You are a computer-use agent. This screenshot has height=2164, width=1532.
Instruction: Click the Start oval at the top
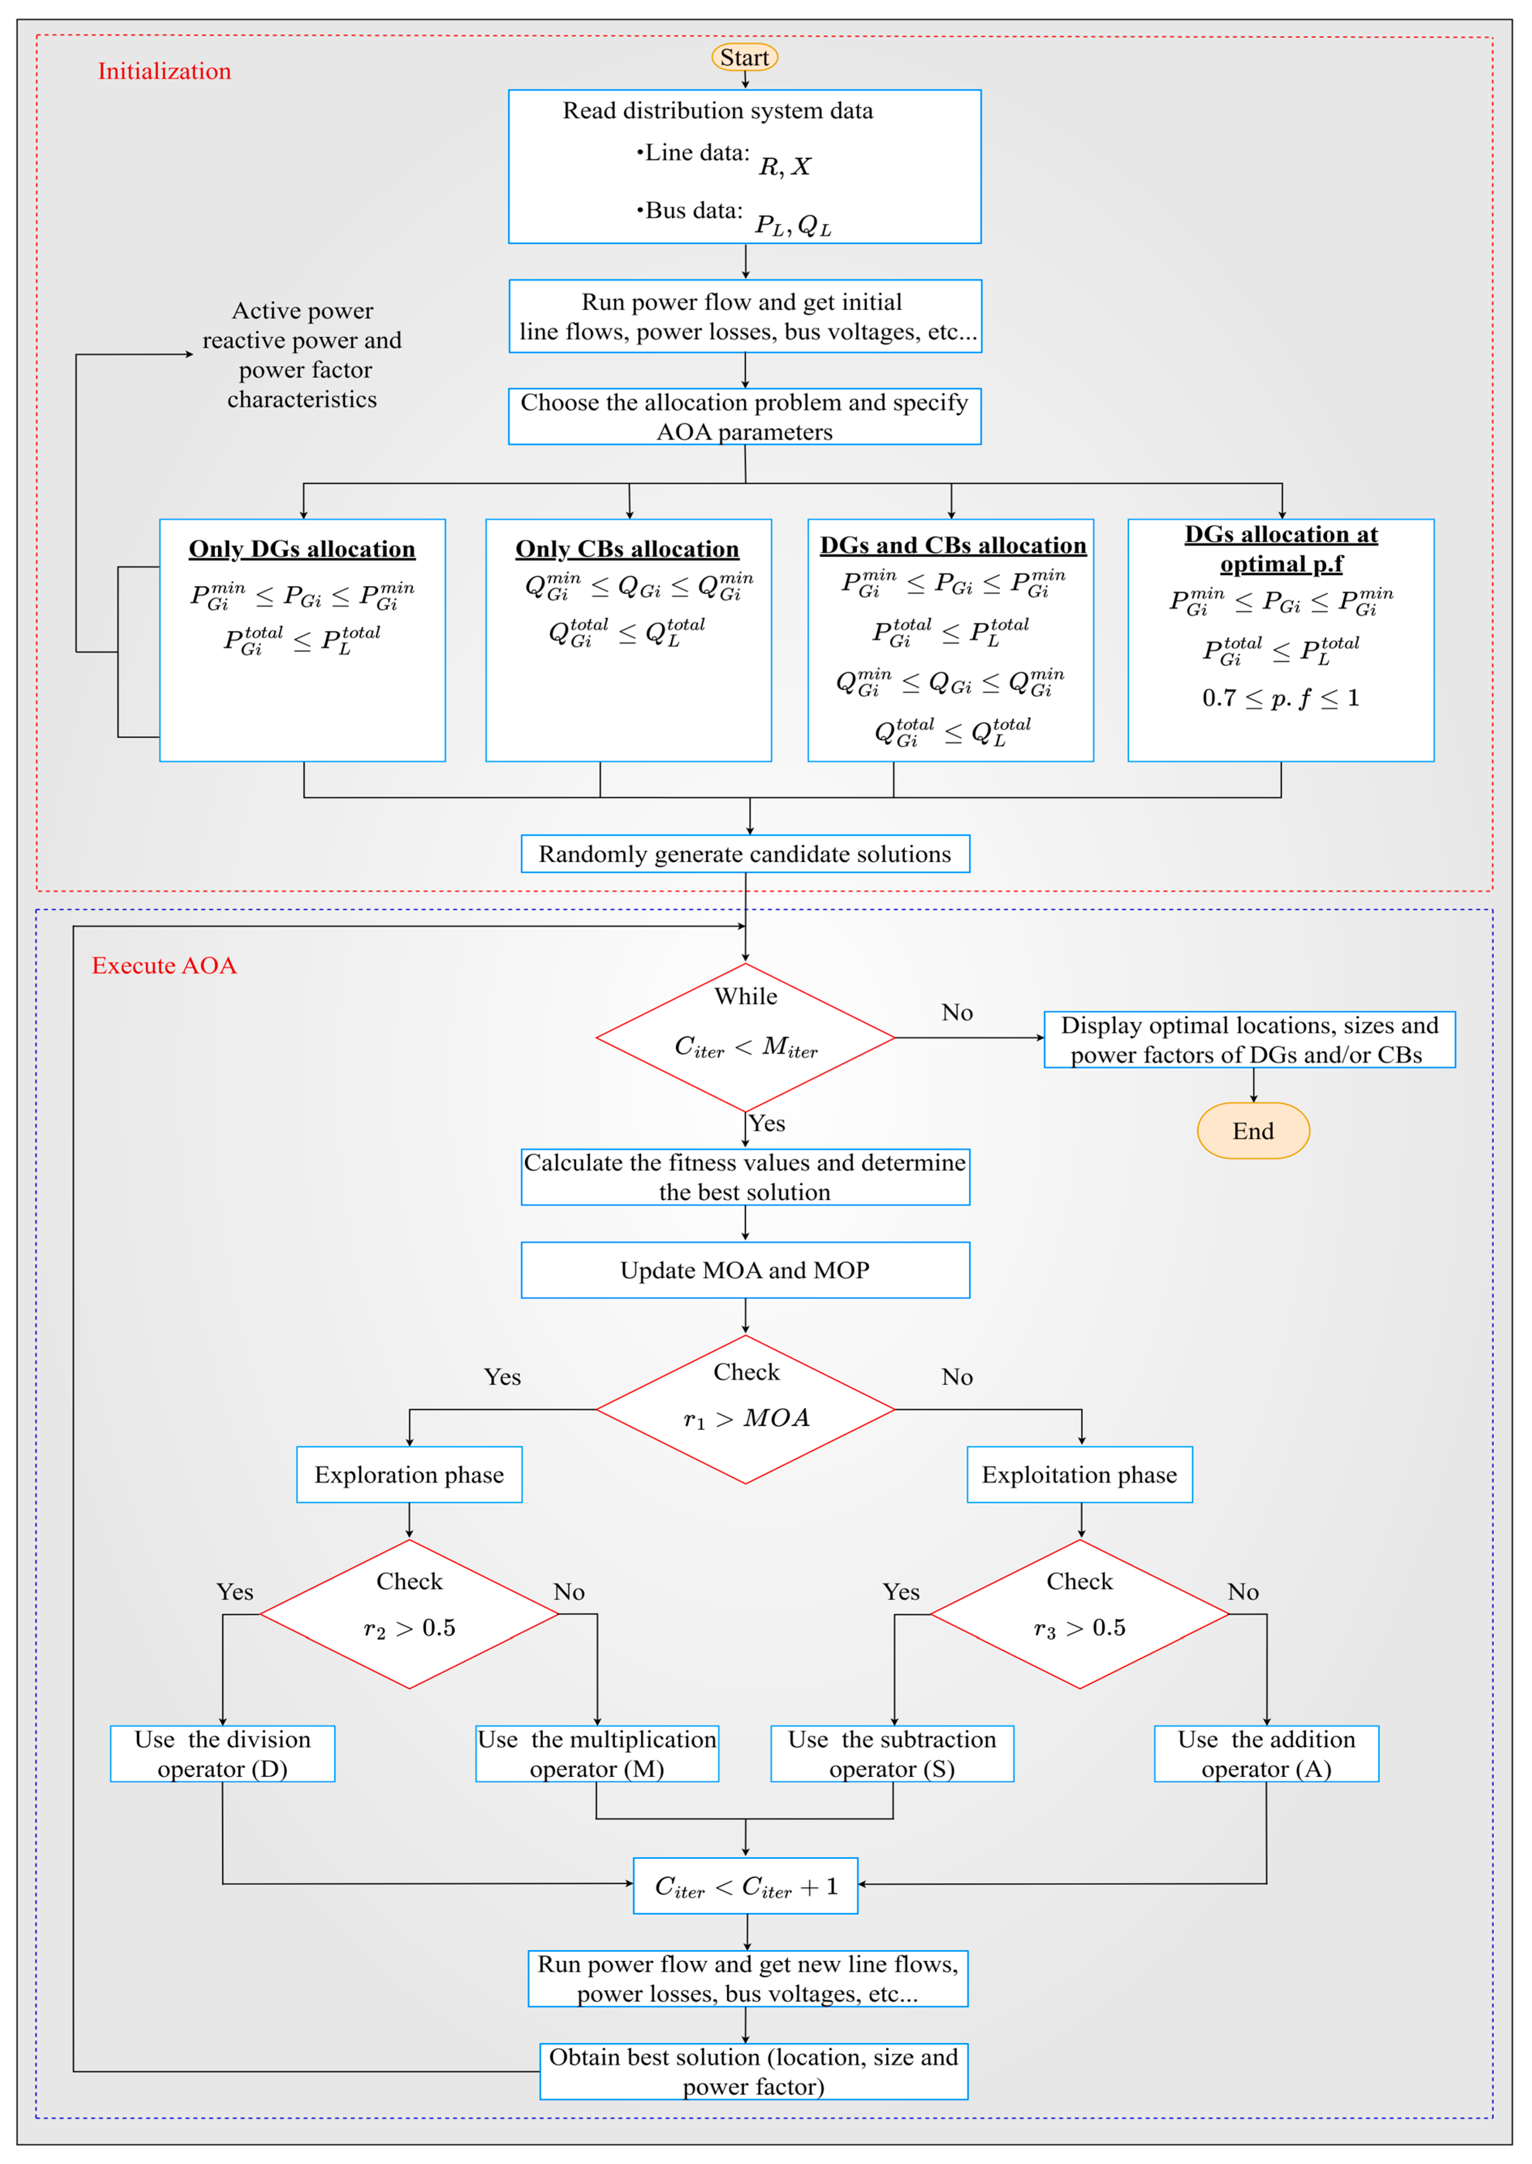click(x=744, y=58)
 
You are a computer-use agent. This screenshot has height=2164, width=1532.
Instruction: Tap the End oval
click(x=1253, y=1131)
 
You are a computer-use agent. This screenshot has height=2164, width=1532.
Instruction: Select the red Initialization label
click(x=164, y=72)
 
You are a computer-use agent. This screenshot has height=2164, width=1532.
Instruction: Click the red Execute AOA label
click(x=164, y=965)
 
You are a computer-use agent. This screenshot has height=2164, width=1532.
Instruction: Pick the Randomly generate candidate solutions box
click(x=745, y=854)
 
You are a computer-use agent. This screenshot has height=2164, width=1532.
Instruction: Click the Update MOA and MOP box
click(x=745, y=1270)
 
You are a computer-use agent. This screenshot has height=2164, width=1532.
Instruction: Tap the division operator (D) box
click(x=223, y=1754)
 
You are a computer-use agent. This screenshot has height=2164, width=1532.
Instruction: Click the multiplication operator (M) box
click(x=597, y=1754)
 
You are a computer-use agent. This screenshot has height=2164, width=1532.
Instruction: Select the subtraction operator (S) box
click(x=892, y=1754)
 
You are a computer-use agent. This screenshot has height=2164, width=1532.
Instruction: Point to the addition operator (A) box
click(x=1266, y=1754)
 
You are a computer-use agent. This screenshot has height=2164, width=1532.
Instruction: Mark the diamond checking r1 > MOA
click(x=745, y=1409)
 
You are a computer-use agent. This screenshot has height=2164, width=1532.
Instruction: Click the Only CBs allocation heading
click(x=627, y=549)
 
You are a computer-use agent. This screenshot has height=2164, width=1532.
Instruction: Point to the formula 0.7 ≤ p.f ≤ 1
click(x=1281, y=699)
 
